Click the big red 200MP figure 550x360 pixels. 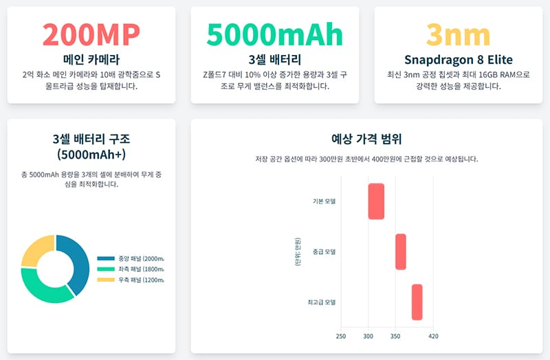(91, 34)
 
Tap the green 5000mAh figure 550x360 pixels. (274, 34)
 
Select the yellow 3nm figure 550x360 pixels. (458, 34)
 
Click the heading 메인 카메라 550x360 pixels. (91, 59)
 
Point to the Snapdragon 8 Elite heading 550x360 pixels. (458, 59)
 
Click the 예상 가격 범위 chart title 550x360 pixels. (366, 138)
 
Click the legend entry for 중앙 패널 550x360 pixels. (131, 258)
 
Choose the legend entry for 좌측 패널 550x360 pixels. (131, 269)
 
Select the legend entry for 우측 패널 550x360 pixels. (131, 280)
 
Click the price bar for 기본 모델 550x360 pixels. (376, 201)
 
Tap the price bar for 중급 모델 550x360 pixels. (401, 251)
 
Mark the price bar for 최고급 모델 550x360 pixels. (417, 302)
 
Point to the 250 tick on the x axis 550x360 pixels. (341, 336)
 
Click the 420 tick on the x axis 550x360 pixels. (433, 336)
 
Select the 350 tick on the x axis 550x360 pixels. (395, 336)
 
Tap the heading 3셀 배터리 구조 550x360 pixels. (91, 145)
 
